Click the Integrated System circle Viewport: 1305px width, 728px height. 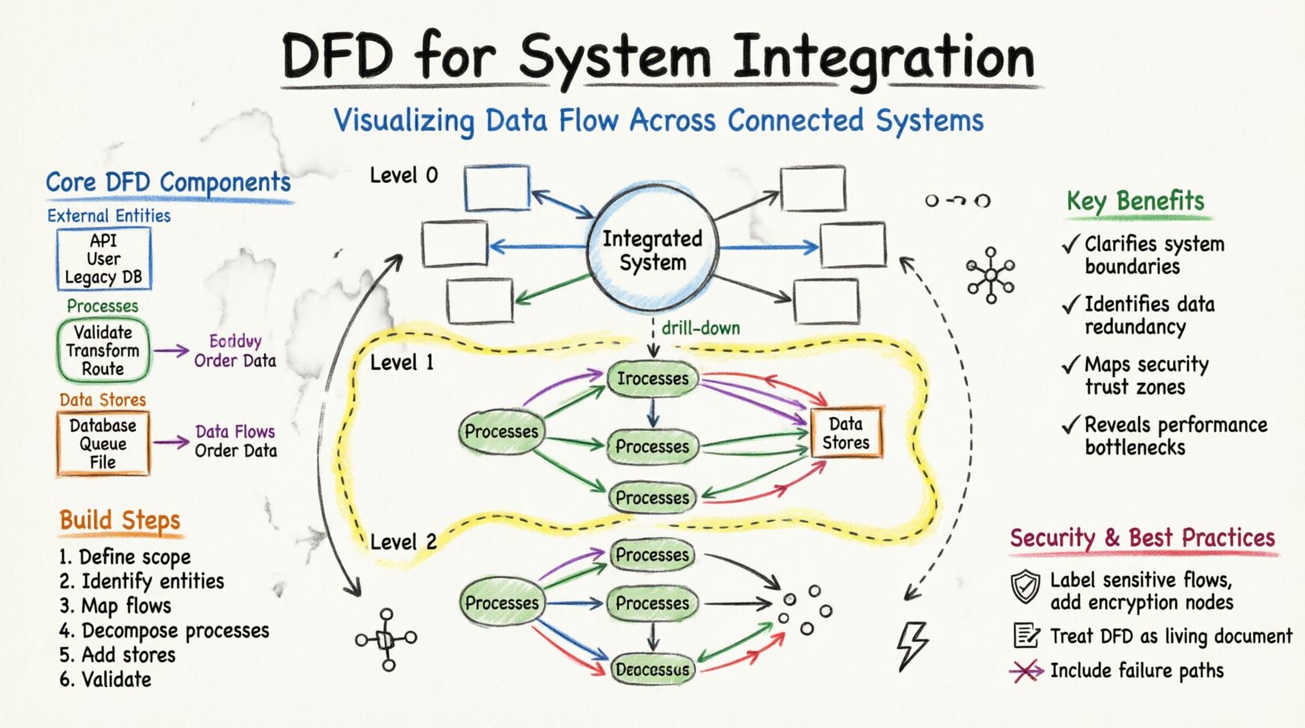(x=652, y=249)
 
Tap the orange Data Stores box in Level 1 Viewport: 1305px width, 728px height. (x=845, y=433)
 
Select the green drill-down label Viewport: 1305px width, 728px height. (x=700, y=328)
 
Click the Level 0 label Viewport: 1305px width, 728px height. (x=404, y=176)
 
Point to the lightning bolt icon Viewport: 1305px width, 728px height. (x=913, y=645)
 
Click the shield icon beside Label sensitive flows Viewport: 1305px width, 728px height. (x=1025, y=587)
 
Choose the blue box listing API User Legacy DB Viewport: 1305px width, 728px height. (x=104, y=259)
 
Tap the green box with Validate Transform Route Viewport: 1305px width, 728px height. (x=103, y=350)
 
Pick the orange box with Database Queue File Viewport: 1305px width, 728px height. (x=103, y=443)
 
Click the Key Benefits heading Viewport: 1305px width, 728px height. (x=1135, y=201)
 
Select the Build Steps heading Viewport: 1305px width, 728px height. (x=120, y=520)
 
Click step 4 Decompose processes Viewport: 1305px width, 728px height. (x=165, y=631)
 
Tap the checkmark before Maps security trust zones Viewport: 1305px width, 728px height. (x=1071, y=366)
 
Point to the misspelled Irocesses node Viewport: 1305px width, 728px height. (x=652, y=379)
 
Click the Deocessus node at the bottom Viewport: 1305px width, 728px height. (x=652, y=669)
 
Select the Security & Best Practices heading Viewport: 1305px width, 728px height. (x=1142, y=538)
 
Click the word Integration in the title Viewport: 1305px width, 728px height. (x=883, y=58)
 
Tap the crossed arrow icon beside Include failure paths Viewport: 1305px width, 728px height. (x=1026, y=671)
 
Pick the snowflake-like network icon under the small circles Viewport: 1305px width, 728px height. (x=991, y=275)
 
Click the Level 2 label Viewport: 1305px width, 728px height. (x=403, y=542)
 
